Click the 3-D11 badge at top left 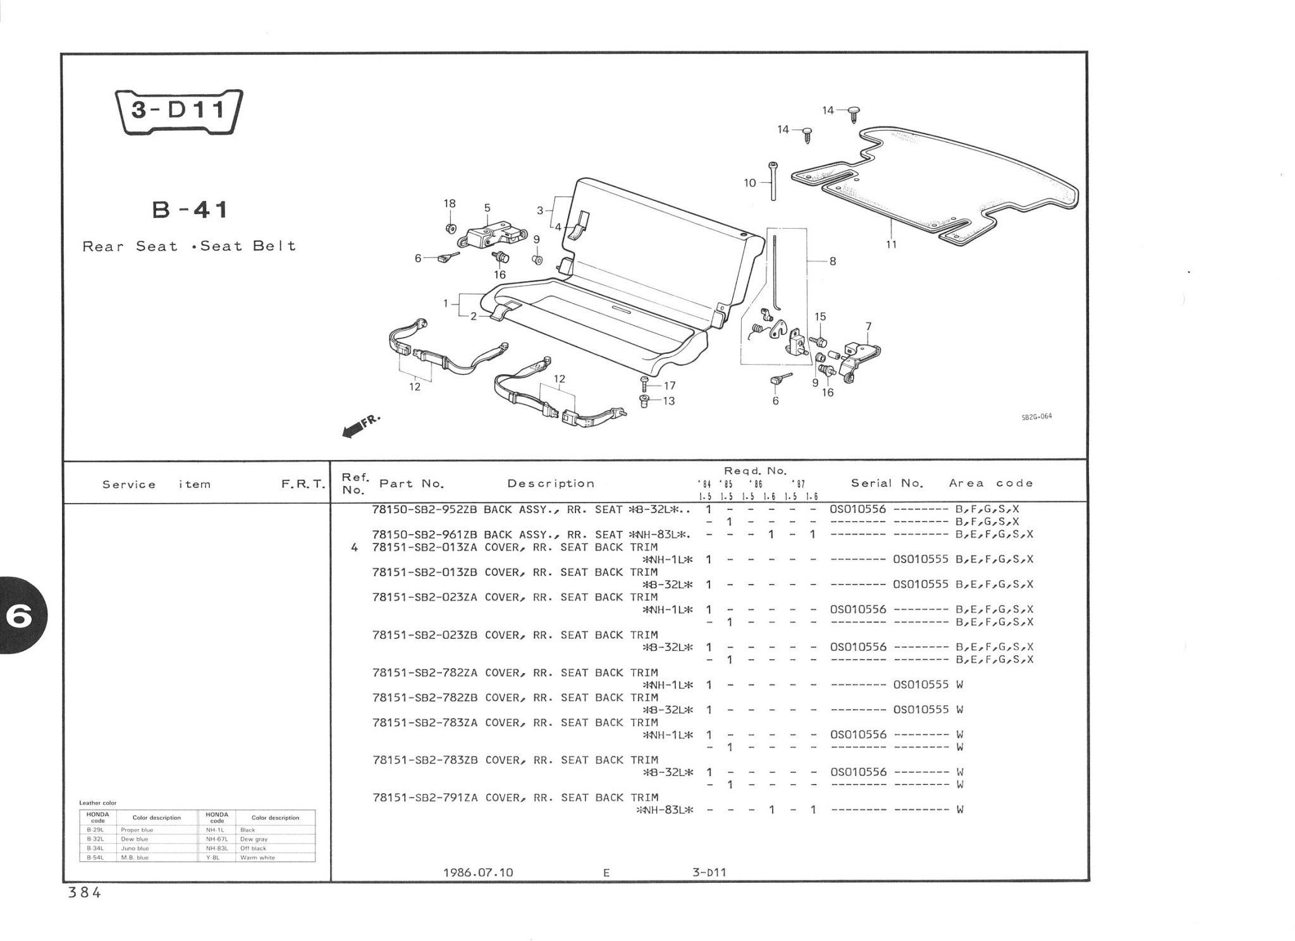click(x=179, y=111)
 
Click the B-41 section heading click(x=190, y=210)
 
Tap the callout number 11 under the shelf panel click(x=891, y=245)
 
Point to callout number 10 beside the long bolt click(x=750, y=183)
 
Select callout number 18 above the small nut click(x=450, y=203)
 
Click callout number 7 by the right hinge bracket click(x=868, y=327)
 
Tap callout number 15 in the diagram click(x=820, y=317)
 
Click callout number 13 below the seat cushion click(x=668, y=401)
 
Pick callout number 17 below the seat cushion click(x=669, y=386)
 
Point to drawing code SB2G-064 click(x=1037, y=416)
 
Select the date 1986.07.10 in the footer click(x=478, y=873)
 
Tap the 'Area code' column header click(x=991, y=483)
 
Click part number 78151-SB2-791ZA click(x=425, y=798)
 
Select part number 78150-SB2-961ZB click(x=425, y=535)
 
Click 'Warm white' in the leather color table click(x=257, y=858)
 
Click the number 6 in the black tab click(x=19, y=617)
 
